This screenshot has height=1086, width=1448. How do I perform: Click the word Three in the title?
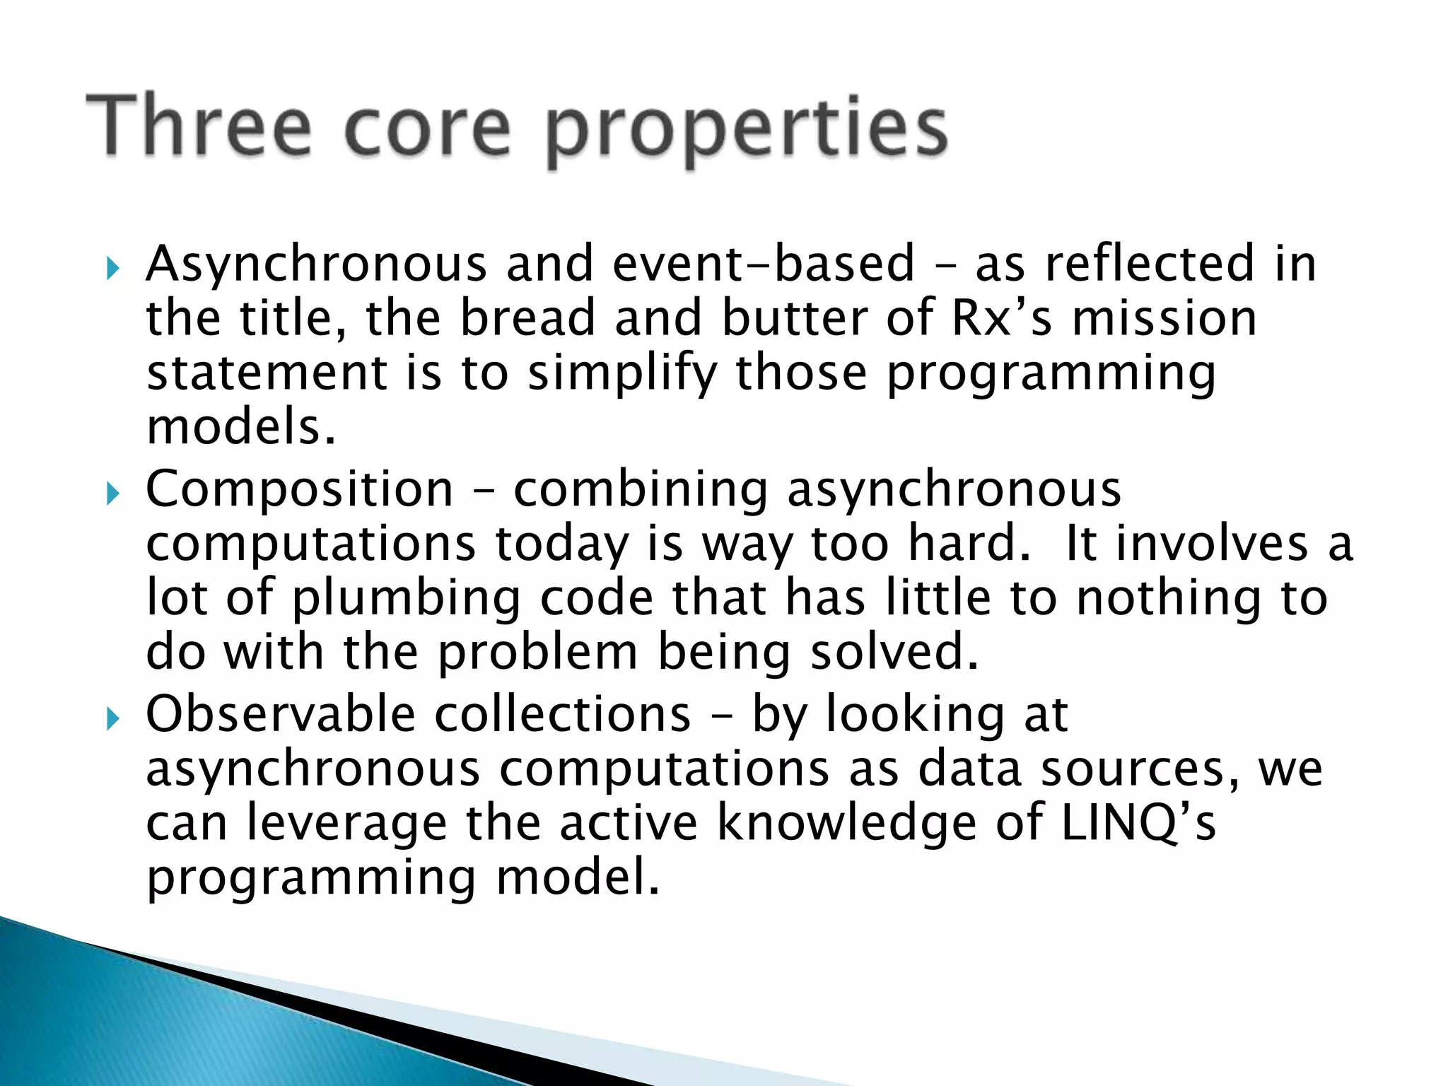click(199, 127)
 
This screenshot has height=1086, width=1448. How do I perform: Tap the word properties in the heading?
click(747, 131)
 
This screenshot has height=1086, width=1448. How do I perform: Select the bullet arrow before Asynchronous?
click(112, 269)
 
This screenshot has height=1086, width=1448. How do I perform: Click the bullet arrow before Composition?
click(112, 494)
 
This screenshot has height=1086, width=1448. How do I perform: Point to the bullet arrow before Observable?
click(112, 720)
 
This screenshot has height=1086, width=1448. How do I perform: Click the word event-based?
click(764, 264)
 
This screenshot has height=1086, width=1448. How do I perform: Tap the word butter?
click(795, 318)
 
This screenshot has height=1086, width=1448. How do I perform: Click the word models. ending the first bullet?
click(240, 428)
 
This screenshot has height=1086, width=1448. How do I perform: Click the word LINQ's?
click(1138, 823)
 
